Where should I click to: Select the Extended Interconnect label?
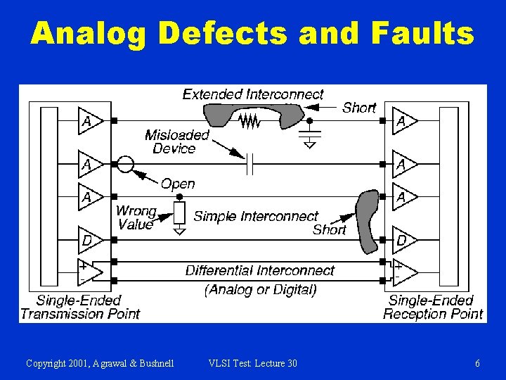(x=253, y=94)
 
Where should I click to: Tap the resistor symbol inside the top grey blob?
(x=249, y=122)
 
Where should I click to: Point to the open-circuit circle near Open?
(x=124, y=165)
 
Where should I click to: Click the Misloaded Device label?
(x=177, y=141)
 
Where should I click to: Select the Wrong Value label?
(x=136, y=218)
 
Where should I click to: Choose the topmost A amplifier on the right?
(x=404, y=121)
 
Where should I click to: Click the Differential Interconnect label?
(x=260, y=271)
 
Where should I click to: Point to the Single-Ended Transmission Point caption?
(x=79, y=308)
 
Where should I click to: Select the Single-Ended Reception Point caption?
(x=433, y=308)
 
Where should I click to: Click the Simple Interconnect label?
(x=256, y=216)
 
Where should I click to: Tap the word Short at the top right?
(x=359, y=108)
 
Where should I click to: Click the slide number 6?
(x=478, y=363)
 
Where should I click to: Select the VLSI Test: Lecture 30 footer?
(x=253, y=363)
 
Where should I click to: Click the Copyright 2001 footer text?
(x=100, y=363)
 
